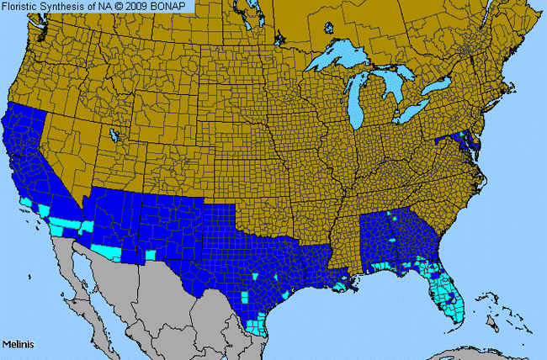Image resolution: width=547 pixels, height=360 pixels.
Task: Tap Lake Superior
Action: tap(337, 61)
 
